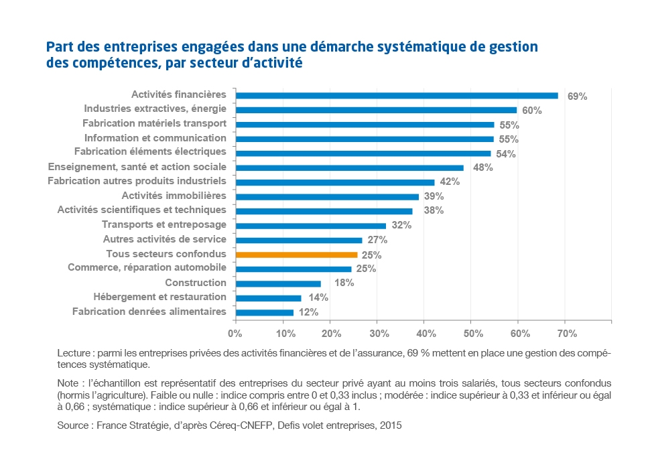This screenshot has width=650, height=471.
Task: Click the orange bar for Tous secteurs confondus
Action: point(296,255)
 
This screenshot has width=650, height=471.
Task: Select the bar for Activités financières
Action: point(397,96)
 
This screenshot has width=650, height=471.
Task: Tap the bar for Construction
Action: point(278,283)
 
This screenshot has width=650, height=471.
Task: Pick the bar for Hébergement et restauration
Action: point(268,297)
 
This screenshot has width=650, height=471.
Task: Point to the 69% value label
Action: point(577,96)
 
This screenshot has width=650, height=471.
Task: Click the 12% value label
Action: point(309,312)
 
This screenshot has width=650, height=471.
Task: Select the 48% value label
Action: point(482,168)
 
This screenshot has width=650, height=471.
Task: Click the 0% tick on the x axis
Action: point(235,333)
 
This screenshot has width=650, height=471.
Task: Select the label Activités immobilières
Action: point(174,196)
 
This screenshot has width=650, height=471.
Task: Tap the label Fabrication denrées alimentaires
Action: point(149,312)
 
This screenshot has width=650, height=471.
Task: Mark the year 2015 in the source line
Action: point(390,425)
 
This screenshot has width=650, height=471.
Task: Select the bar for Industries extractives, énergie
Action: point(376,110)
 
